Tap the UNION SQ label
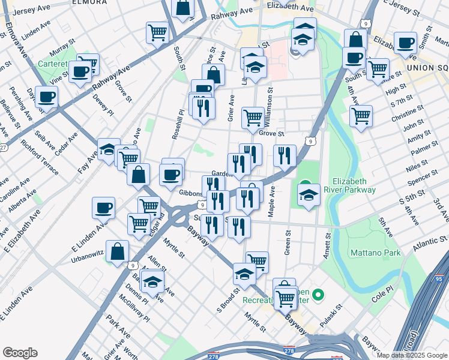click(427, 68)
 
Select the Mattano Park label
click(376, 253)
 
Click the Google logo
click(20, 353)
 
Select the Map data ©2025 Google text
click(411, 355)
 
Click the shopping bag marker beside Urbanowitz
click(118, 250)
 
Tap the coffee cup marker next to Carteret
click(79, 72)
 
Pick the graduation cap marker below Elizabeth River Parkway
click(309, 195)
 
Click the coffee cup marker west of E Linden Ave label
click(103, 208)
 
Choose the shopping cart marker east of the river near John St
click(361, 115)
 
